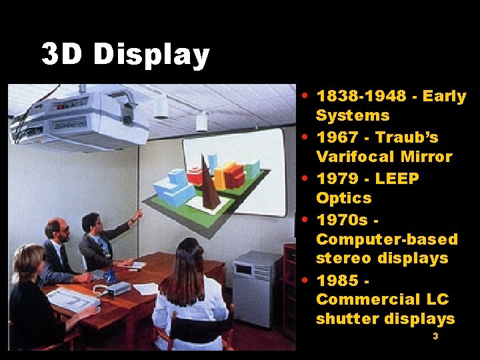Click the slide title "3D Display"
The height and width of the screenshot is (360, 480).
coord(125,55)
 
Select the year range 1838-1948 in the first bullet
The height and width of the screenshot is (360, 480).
coord(361,97)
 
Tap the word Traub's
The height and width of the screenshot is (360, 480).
coord(407,138)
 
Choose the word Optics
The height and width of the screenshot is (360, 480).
coord(343,198)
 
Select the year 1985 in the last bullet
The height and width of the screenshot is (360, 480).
coord(339,279)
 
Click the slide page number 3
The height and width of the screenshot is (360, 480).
coord(435,337)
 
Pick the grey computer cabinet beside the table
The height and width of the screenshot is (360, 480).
coord(257,287)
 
